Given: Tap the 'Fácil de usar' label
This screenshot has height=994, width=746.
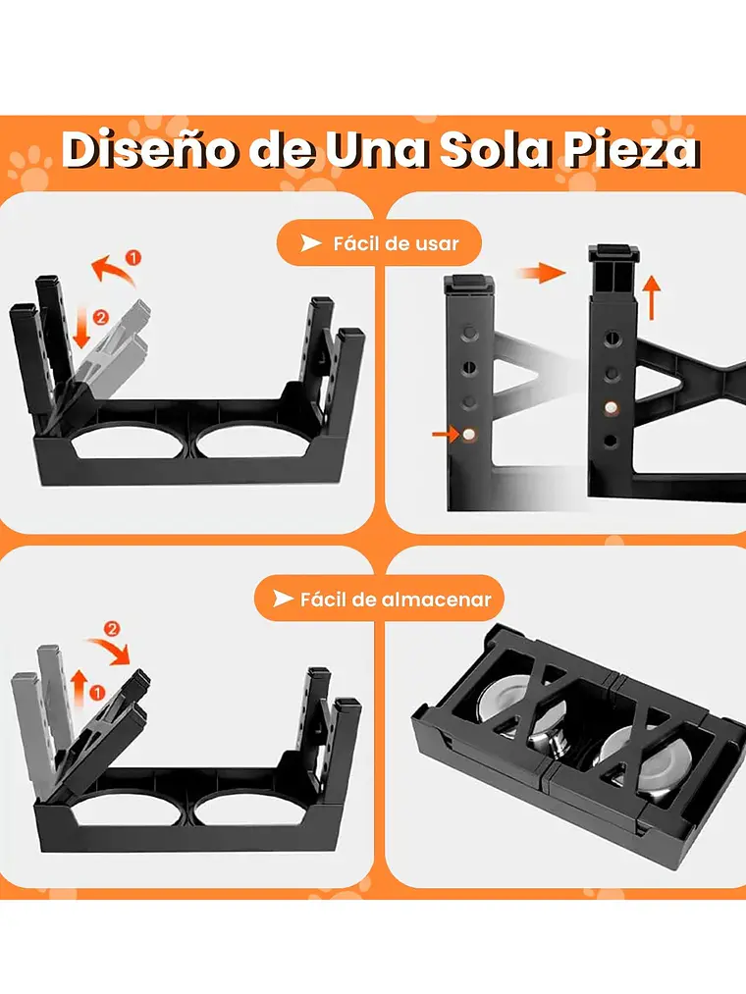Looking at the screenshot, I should (396, 242).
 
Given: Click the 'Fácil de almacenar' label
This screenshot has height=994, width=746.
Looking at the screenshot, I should (396, 598).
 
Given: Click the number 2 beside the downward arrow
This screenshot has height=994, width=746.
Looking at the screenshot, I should (100, 318).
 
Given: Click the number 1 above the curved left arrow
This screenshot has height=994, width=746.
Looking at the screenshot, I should (133, 258).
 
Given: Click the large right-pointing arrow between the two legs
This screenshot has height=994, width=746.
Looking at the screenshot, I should (542, 275).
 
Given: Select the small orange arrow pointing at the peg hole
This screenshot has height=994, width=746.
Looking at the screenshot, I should (446, 432).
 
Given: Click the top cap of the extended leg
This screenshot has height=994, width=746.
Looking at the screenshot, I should (613, 253).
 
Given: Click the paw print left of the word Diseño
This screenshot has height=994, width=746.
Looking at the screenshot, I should (28, 167).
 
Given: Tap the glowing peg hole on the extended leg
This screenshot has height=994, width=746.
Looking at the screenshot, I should (611, 405).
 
